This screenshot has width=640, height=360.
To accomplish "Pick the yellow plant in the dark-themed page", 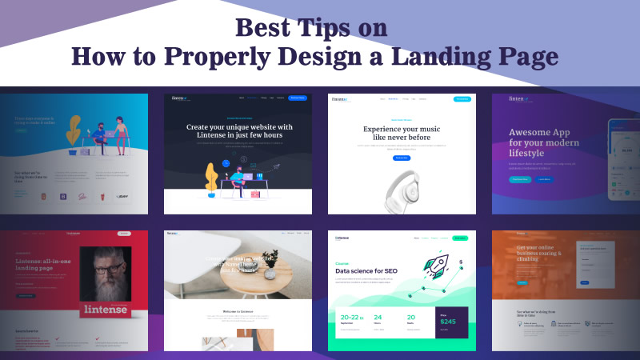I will pos(212,177).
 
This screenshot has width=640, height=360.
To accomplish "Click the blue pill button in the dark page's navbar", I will pos(298,98).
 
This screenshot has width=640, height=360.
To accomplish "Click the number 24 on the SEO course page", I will pos(378,318).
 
